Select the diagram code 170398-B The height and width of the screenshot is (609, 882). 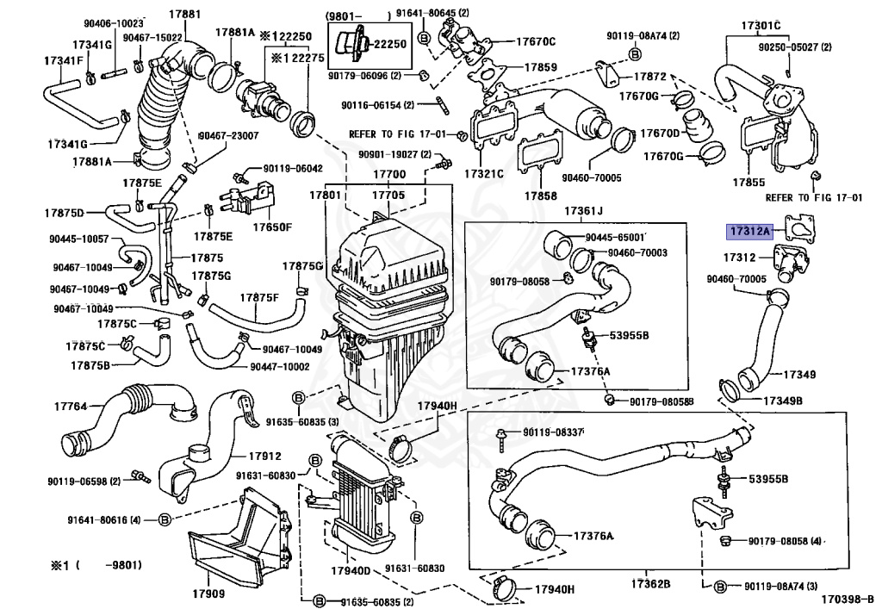coord(846,598)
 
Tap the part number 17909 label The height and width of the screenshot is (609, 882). coord(208,593)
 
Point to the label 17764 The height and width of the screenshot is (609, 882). coord(71,405)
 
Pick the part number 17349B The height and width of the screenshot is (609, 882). coord(780,401)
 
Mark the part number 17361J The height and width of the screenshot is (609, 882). coord(584,211)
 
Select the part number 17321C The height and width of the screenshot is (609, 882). coord(484,173)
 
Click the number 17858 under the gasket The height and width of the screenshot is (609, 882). coord(541,195)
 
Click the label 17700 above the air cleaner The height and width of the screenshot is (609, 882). coord(388,175)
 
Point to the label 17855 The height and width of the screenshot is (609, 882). coord(748,183)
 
